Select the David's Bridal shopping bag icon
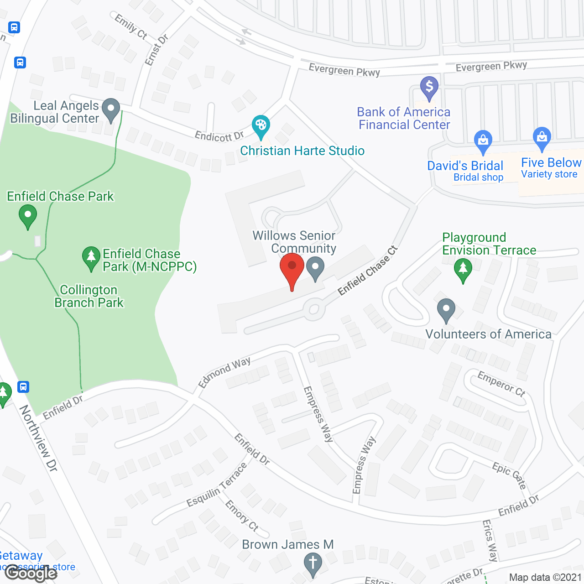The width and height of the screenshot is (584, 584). click(x=483, y=141)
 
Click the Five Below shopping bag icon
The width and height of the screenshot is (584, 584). click(x=542, y=137)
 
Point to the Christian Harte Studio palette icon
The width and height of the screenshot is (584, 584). click(x=261, y=125)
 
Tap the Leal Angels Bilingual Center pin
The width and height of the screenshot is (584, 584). click(x=111, y=109)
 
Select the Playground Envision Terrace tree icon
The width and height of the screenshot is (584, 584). click(x=463, y=269)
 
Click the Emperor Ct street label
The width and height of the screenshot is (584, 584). click(x=501, y=384)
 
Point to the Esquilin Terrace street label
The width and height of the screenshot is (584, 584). click(x=217, y=485)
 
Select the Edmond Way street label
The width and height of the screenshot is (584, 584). click(x=224, y=372)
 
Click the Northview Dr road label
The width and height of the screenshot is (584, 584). click(x=39, y=438)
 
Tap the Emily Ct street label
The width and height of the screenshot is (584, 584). click(x=131, y=26)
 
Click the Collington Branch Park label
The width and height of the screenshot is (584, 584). click(x=89, y=297)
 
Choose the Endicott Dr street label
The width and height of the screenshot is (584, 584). click(x=219, y=136)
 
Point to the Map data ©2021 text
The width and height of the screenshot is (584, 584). click(x=545, y=577)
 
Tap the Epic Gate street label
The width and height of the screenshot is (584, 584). click(x=509, y=475)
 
